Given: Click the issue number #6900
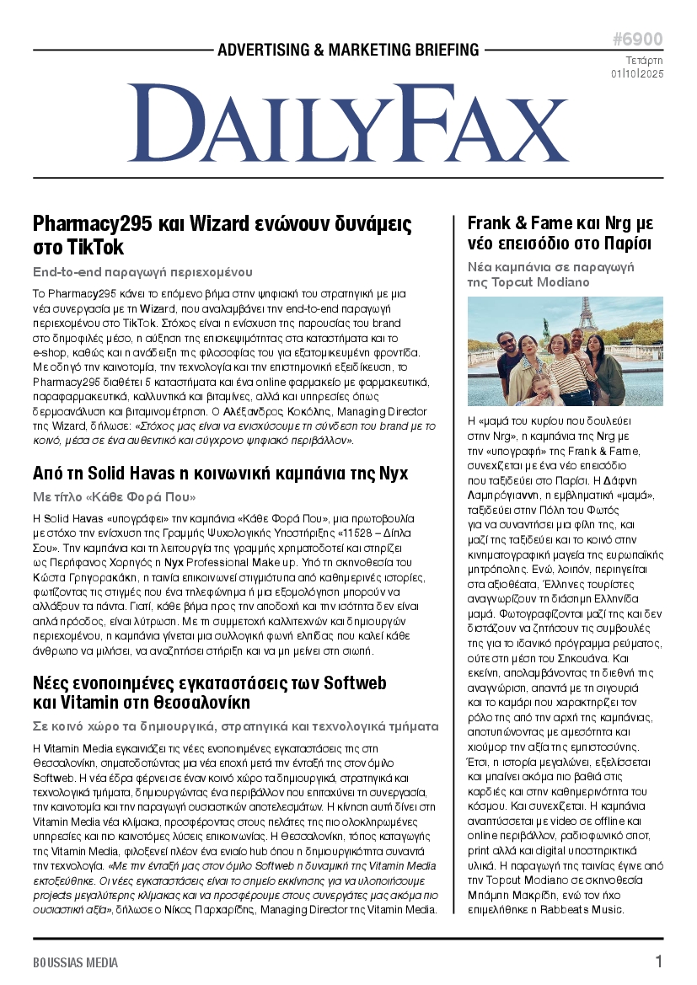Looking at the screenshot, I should [637, 40].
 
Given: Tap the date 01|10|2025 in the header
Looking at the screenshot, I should [637, 74].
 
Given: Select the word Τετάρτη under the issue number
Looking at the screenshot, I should [644, 60].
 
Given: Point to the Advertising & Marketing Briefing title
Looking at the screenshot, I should [348, 50].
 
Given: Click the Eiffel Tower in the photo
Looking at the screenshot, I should [587, 316].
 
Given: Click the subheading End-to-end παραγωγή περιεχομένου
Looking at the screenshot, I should [142, 272].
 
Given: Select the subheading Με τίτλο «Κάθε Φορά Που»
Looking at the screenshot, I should [114, 497].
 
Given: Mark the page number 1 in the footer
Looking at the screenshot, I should [658, 961].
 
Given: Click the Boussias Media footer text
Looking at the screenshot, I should [76, 962].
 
